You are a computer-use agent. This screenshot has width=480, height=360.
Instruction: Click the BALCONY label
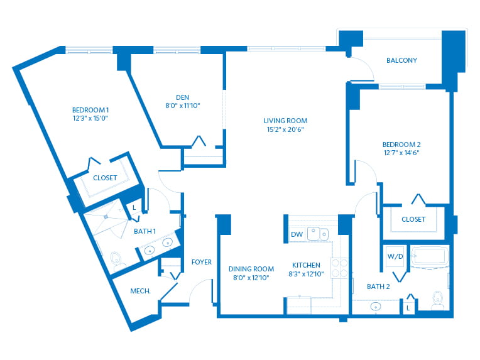coord(401,60)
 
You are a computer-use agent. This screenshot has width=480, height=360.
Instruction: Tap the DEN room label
coord(182,97)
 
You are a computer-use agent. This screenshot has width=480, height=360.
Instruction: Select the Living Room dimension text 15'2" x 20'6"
coord(285,129)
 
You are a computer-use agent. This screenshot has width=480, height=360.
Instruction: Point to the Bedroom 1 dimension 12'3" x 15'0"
coord(90,118)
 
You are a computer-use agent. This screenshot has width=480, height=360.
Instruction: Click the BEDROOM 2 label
coord(401,144)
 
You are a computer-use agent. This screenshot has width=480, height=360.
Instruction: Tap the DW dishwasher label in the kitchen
coord(297,234)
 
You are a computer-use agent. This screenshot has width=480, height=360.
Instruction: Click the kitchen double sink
coord(318,234)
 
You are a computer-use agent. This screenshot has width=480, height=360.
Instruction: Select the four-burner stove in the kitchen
coord(339,268)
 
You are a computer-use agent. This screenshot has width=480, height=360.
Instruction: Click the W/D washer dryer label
coord(395,256)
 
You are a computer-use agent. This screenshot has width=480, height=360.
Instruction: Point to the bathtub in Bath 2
coord(429,256)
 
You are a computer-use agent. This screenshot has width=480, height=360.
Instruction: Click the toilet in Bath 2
coord(438,300)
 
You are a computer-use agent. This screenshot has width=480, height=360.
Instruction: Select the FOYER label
coord(202,262)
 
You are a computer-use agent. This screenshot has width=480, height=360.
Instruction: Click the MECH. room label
coord(141,291)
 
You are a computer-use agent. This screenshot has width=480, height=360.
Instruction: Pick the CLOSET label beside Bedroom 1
coord(105,178)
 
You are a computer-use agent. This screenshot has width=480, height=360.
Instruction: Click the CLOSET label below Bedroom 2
coord(413,219)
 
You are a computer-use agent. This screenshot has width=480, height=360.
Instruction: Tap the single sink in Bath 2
coord(376,306)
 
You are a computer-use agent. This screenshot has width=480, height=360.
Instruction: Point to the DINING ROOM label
coord(251,269)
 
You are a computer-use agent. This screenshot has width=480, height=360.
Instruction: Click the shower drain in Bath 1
coord(106,217)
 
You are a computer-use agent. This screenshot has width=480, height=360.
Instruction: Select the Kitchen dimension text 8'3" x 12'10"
coord(306,274)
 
